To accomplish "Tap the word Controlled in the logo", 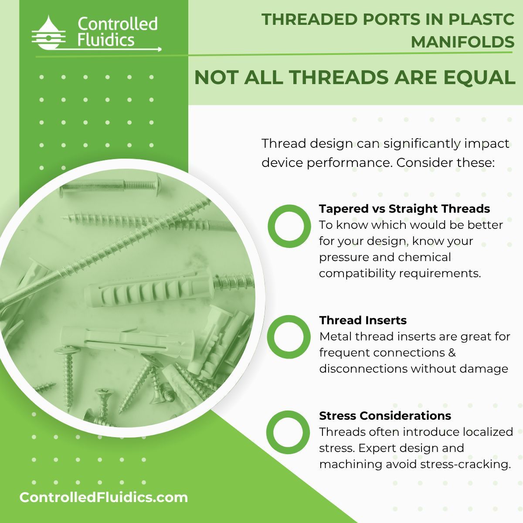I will click(x=117, y=24).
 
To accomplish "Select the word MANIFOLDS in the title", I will click(x=462, y=42).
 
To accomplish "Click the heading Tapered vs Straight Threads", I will click(x=404, y=209).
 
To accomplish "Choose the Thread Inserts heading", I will click(x=363, y=320).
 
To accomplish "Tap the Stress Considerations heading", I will click(x=385, y=415).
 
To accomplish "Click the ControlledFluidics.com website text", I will click(x=104, y=497).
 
